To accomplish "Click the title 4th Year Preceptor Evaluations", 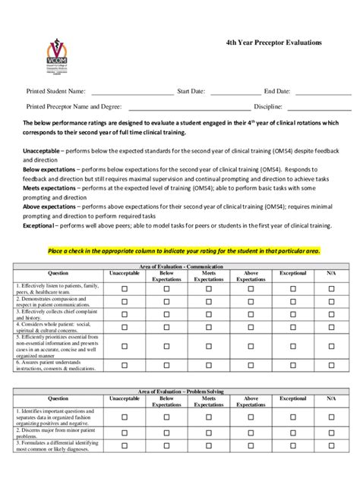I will [273, 42].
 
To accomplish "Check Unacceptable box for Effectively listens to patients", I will [125, 288].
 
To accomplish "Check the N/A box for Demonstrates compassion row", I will [331, 301].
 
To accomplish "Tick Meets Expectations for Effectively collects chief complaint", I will [209, 313].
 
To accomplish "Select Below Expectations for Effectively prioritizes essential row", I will [166, 345].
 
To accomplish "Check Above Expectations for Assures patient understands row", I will [251, 365].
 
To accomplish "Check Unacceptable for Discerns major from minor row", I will [125, 432].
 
